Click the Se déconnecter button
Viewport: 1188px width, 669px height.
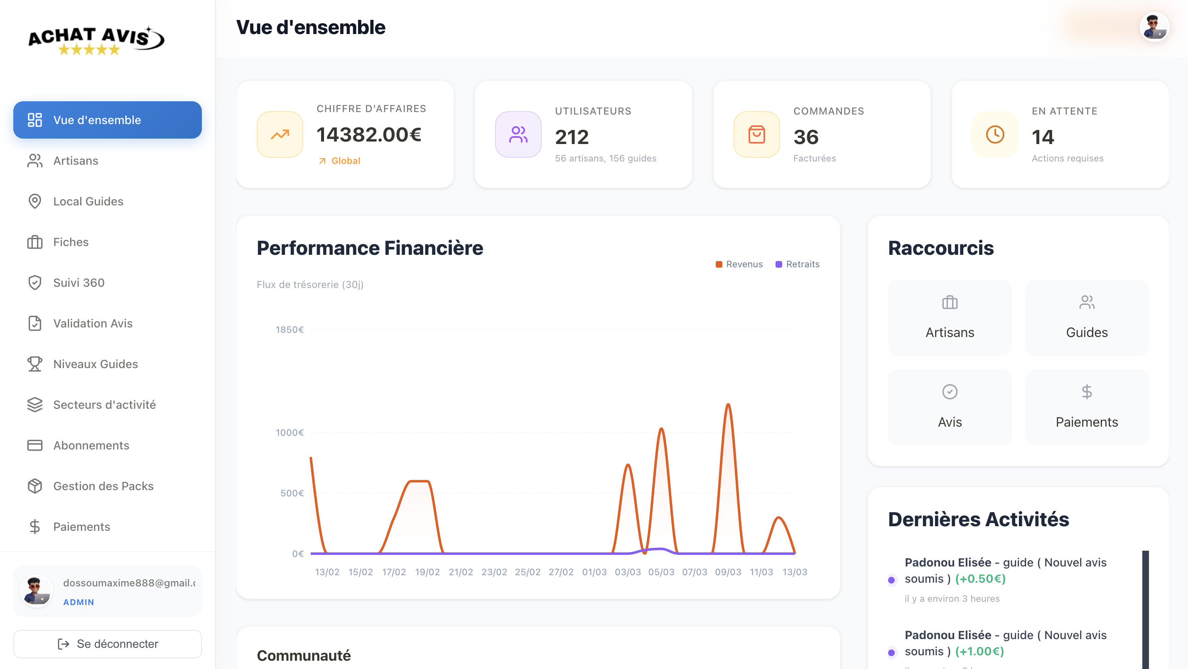(108, 644)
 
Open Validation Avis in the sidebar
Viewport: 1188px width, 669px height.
(93, 323)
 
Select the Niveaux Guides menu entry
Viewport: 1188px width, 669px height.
(96, 364)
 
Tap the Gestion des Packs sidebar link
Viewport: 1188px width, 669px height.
(103, 486)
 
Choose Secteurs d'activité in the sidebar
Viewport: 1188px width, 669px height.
(104, 404)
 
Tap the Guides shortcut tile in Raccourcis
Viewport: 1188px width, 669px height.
(1086, 317)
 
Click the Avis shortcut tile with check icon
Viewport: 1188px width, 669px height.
(950, 407)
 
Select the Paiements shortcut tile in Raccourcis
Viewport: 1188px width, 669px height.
(1086, 407)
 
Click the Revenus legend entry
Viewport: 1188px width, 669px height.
(739, 264)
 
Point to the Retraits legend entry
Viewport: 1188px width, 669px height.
(798, 264)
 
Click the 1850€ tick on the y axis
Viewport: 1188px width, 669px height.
(290, 330)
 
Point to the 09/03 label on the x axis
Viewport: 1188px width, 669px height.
(728, 572)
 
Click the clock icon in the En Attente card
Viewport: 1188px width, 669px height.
(995, 134)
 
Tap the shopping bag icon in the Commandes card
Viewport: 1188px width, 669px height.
(756, 134)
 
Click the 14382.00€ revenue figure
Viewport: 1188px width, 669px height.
(369, 134)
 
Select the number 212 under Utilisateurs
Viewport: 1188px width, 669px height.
(572, 137)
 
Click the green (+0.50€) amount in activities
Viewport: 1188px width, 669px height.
(980, 579)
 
